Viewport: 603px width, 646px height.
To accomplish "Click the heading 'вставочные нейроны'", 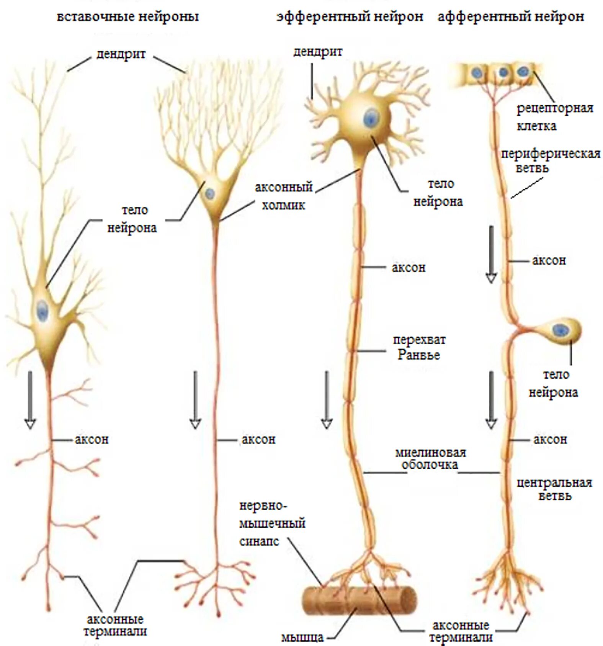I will click(128, 17).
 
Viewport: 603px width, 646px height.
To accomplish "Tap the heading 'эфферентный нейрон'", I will click(350, 17).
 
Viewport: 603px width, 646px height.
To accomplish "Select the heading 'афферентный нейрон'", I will click(511, 17).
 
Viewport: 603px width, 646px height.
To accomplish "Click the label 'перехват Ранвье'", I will click(419, 347).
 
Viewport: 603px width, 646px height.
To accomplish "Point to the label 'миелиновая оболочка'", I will click(430, 458).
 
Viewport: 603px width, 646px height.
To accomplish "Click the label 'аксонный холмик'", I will click(284, 196).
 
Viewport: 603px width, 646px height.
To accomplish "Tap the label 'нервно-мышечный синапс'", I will click(272, 523).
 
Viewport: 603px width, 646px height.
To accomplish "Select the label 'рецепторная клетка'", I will click(554, 117).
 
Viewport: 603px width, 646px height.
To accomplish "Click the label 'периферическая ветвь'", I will click(550, 161).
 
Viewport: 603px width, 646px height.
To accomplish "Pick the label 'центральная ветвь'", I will click(554, 489).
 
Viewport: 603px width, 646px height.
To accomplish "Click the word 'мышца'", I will click(302, 637).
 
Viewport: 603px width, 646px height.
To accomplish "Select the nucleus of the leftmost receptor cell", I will click(477, 72).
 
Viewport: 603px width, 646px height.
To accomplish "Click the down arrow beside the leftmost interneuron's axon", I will click(30, 400).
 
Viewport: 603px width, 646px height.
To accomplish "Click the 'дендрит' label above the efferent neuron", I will click(317, 52).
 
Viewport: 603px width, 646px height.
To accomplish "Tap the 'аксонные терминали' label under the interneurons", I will click(115, 625).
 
